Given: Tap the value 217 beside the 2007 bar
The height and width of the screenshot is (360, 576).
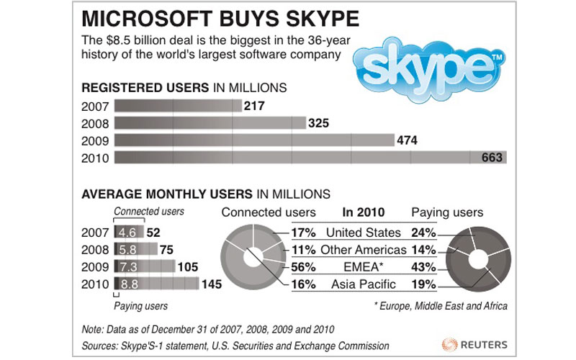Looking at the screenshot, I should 255,107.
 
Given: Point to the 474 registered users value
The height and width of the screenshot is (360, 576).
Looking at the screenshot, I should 408,140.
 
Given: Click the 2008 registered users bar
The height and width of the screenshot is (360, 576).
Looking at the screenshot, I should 210,124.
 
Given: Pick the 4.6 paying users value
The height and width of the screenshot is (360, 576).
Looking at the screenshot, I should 127,233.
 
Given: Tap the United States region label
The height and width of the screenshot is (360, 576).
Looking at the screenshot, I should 363,233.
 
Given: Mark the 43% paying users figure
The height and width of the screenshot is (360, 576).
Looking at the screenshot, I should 423,267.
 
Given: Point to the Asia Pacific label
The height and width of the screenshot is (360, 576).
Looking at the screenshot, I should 363,284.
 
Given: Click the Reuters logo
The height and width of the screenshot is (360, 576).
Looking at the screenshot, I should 474,343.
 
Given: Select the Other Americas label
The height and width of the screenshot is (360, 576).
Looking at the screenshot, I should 363,250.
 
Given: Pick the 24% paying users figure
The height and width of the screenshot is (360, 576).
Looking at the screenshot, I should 423,233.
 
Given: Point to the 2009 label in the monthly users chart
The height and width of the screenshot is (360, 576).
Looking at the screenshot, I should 95,267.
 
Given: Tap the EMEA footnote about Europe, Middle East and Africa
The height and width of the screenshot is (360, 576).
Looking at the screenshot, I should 441,306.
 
